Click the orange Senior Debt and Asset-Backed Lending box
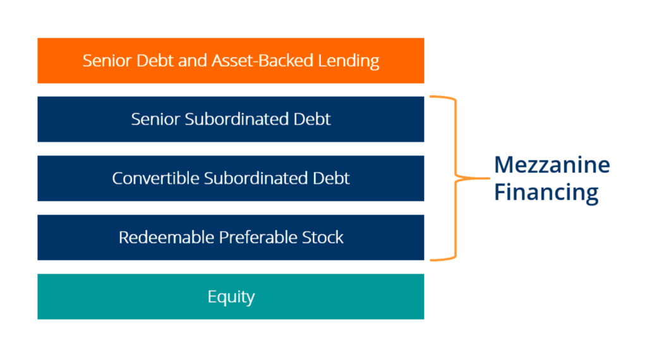pos(231,61)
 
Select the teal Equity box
pos(231,296)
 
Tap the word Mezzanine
pos(552,165)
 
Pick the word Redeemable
pos(166,237)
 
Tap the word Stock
pos(323,237)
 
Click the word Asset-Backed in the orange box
pos(262,61)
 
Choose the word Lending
pos(349,61)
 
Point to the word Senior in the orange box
pos(107,61)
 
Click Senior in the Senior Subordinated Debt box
pos(155,119)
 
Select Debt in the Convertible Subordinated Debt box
pos(331,178)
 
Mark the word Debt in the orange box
pos(155,61)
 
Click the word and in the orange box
pos(193,61)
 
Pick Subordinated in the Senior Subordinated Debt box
pos(236,119)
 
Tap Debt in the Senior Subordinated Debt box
pos(312,119)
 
